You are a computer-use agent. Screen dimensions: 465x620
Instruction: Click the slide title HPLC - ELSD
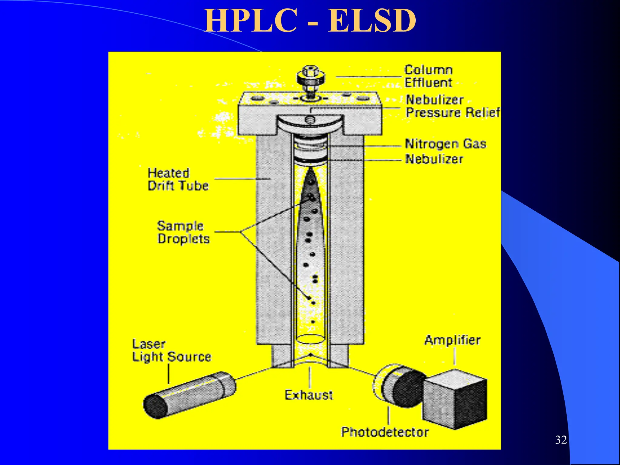coord(310,21)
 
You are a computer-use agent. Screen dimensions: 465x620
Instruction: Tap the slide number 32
coord(561,440)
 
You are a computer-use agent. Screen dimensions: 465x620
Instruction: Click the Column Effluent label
coord(428,76)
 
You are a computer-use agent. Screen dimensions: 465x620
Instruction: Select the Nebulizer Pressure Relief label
coord(452,106)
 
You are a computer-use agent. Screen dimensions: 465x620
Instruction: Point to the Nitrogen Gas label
coord(445,144)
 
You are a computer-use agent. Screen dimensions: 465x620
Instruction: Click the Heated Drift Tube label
coord(178,180)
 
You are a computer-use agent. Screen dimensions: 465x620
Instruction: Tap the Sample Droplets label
coord(183,232)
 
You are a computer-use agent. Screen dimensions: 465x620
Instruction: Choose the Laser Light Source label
coord(171,351)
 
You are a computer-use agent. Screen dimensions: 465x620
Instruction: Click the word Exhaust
coord(308,395)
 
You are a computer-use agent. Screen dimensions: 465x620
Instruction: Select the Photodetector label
coord(385,432)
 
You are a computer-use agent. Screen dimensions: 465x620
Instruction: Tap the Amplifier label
coord(452,340)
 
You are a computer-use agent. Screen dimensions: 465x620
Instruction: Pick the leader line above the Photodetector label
coord(389,415)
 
